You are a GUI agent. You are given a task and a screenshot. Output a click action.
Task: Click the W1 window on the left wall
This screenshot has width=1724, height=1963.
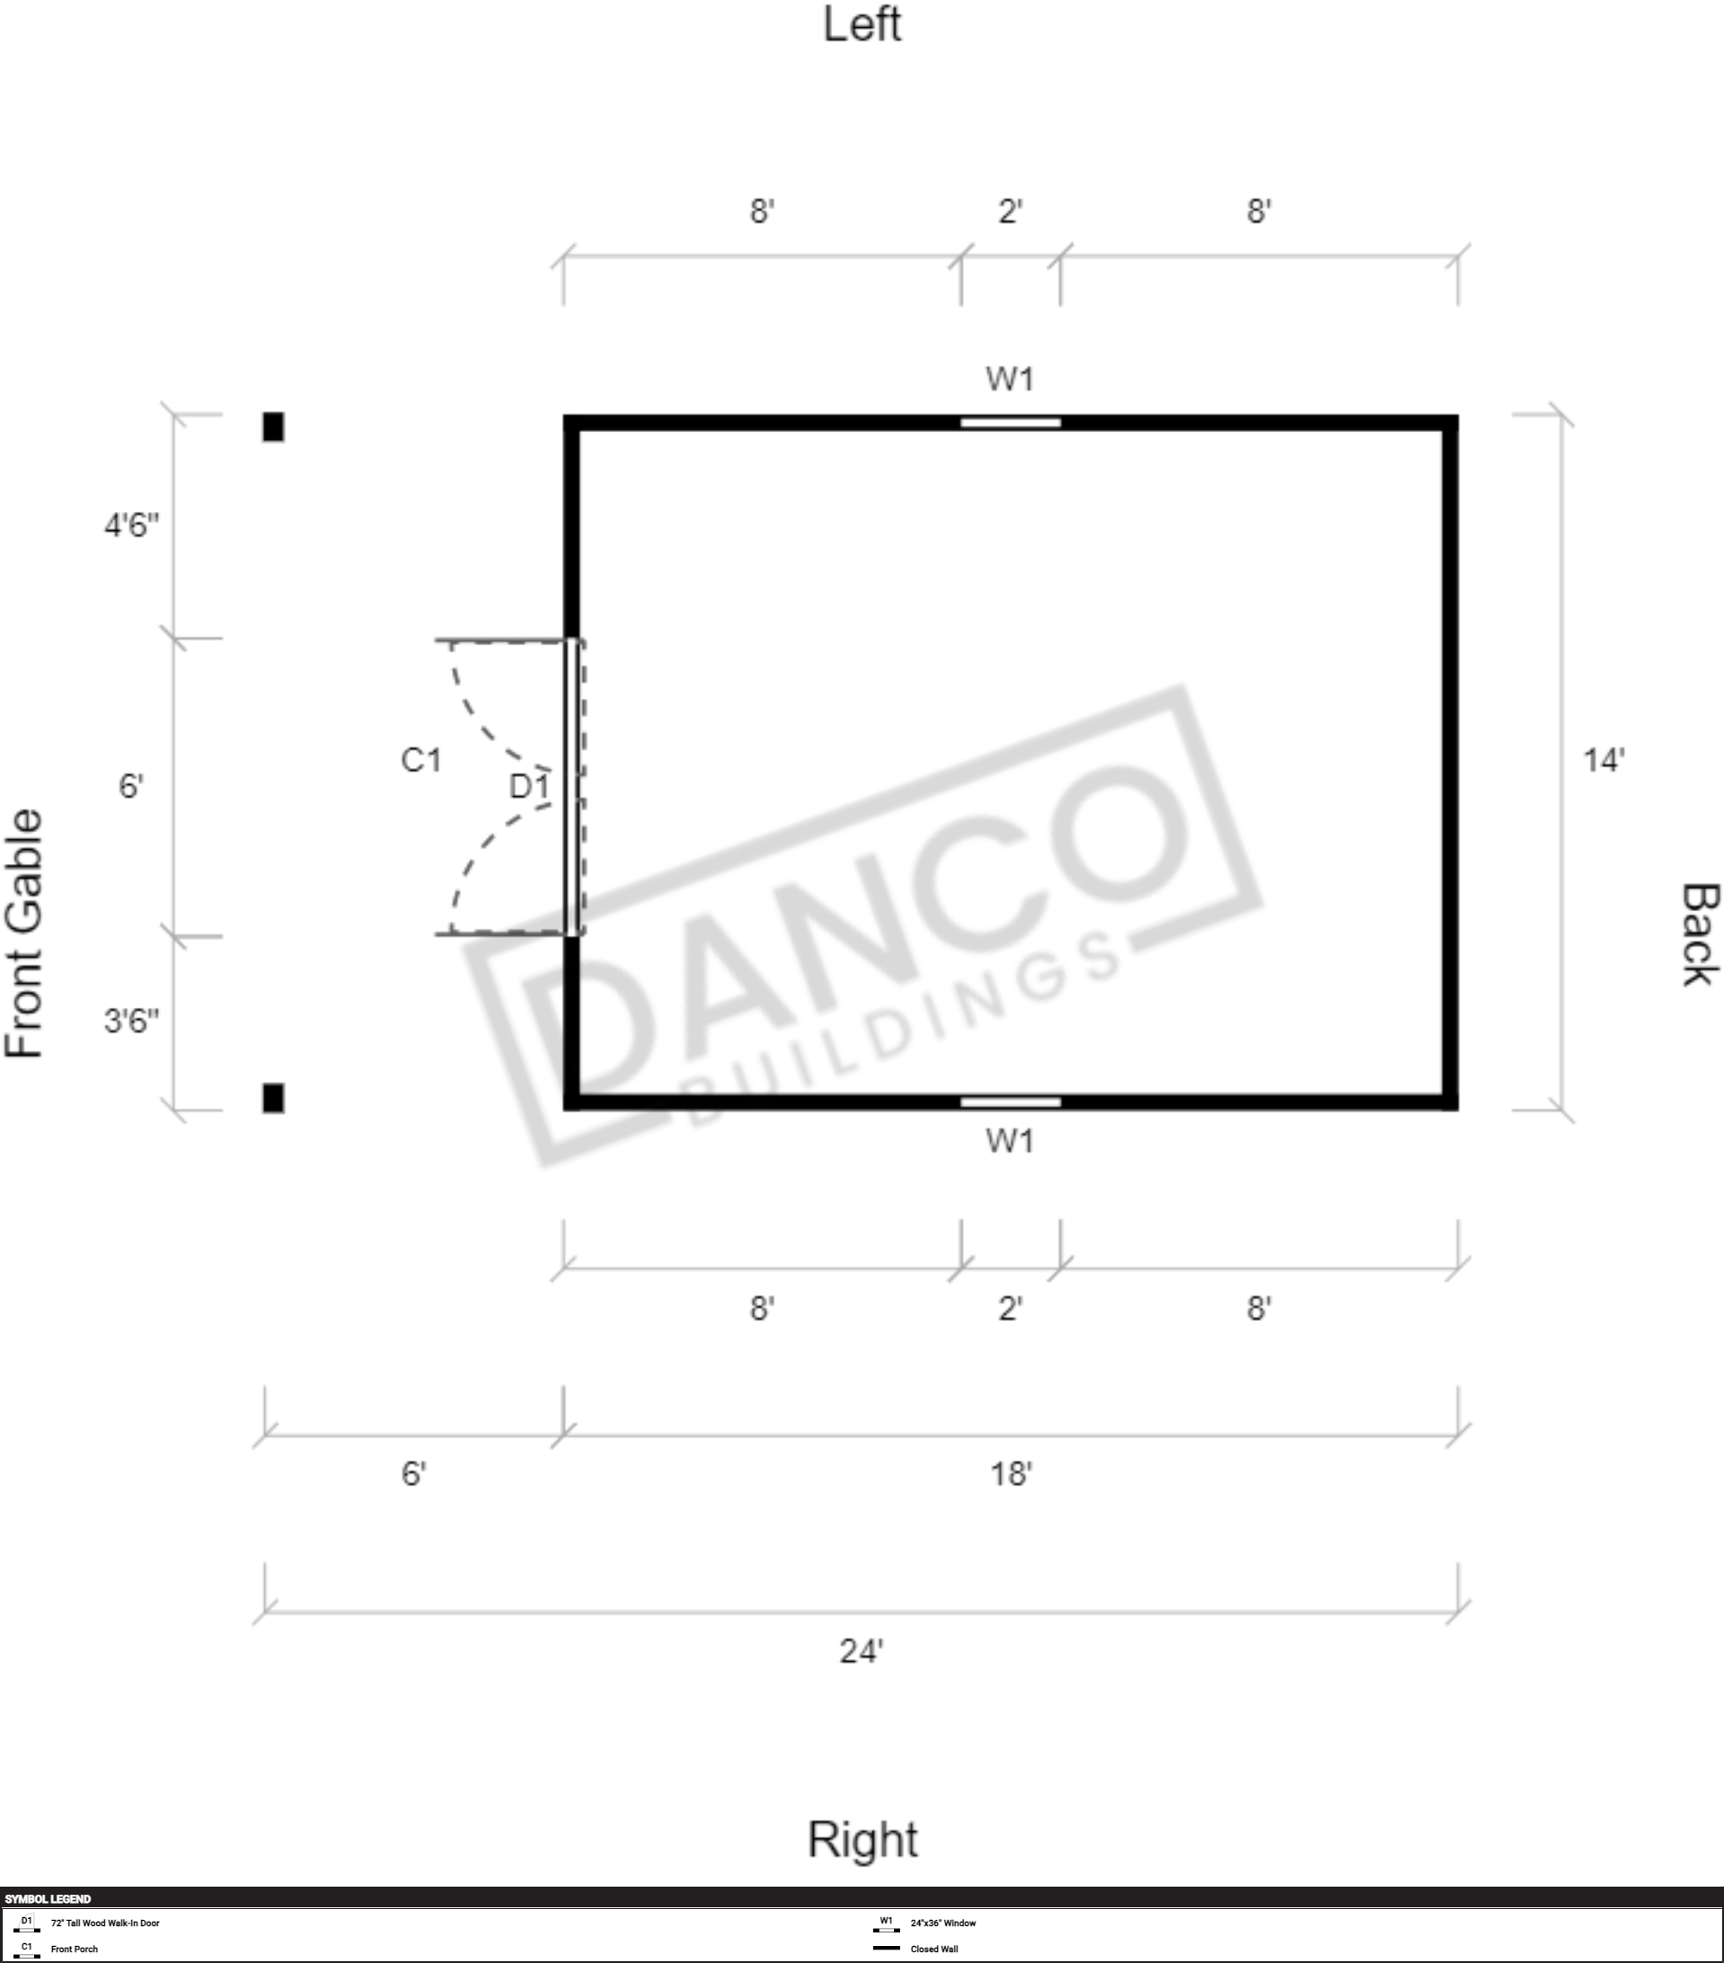click(x=1011, y=422)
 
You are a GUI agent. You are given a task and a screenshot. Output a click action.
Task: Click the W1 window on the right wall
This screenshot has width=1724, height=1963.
click(x=1011, y=1101)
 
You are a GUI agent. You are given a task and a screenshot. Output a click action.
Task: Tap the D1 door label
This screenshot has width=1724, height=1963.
click(x=529, y=786)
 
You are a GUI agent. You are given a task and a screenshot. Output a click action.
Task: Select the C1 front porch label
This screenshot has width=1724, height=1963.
click(x=420, y=760)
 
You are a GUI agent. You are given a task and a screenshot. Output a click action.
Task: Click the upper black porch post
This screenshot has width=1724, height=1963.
click(x=274, y=427)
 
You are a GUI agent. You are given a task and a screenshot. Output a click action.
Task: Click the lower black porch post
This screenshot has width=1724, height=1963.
click(x=274, y=1098)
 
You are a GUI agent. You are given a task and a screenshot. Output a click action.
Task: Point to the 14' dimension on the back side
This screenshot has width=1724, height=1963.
click(x=1604, y=761)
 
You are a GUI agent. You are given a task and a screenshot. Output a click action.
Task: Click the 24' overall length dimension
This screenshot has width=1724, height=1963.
click(x=862, y=1651)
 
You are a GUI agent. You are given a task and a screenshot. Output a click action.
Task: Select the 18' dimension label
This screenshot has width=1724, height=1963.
click(x=1012, y=1473)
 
